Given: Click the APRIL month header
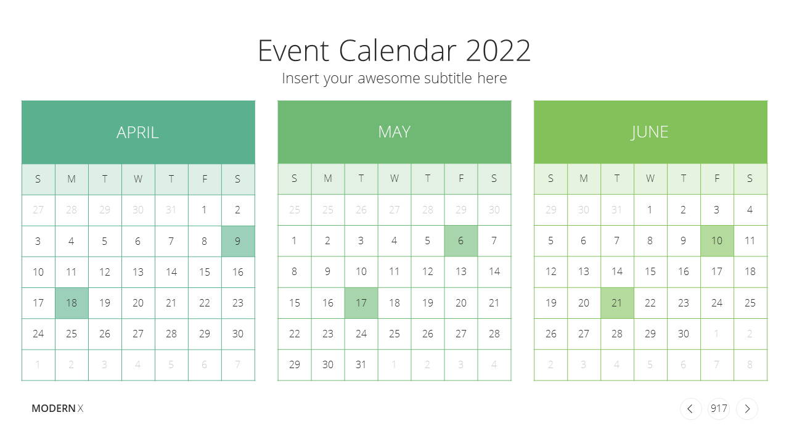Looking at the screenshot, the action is (x=138, y=132).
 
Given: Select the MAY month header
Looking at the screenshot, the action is (x=394, y=132).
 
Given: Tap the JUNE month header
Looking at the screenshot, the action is (x=650, y=132).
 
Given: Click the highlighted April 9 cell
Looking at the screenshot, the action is (x=238, y=241).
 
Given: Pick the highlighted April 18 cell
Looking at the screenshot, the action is (x=72, y=303).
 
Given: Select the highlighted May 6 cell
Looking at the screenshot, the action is (x=460, y=241).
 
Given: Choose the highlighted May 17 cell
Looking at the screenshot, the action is (x=361, y=303).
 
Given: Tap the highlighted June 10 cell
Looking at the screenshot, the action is (x=717, y=241).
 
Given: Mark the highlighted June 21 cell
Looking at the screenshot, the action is (x=617, y=303).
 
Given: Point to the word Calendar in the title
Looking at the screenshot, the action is (x=398, y=51).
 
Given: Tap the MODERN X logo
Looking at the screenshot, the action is (x=57, y=408).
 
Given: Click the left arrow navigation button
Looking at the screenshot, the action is (x=690, y=409).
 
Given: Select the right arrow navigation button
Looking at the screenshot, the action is (x=747, y=409).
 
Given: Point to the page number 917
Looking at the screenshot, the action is (x=719, y=409).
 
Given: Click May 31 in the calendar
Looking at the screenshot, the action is (x=361, y=364).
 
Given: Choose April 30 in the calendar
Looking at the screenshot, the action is (x=238, y=334).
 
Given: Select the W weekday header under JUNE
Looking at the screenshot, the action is (x=650, y=179).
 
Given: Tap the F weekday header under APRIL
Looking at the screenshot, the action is (x=205, y=179).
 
